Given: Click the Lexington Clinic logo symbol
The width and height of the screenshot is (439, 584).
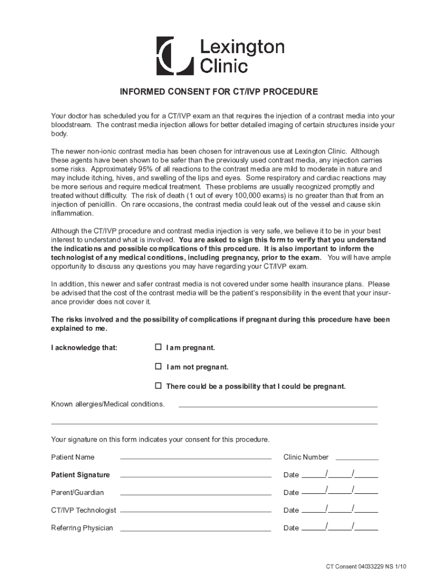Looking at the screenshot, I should pos(174,56).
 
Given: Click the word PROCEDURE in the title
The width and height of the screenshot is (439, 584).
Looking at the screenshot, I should pos(291,91).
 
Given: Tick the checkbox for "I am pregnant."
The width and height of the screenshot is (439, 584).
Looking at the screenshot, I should pos(158,347).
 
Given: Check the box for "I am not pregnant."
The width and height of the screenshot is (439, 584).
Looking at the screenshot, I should pos(158,367).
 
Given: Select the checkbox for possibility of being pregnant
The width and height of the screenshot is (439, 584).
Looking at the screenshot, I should pos(158,386).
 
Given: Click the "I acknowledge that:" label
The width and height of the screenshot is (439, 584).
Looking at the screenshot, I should pos(84,348).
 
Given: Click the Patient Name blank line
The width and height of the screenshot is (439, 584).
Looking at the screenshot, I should pos(195,457).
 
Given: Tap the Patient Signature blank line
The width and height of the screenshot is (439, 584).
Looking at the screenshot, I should pos(195,475).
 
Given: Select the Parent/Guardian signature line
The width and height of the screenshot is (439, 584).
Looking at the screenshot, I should pos(195,493).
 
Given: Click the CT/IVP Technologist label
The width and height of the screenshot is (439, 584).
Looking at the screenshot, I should pos(84,510).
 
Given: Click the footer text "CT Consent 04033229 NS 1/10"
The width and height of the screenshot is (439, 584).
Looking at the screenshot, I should pos(366,566).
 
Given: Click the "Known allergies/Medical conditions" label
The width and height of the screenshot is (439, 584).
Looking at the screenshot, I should pos(108,404).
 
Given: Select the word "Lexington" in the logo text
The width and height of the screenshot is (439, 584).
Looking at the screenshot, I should pos(242,47).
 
